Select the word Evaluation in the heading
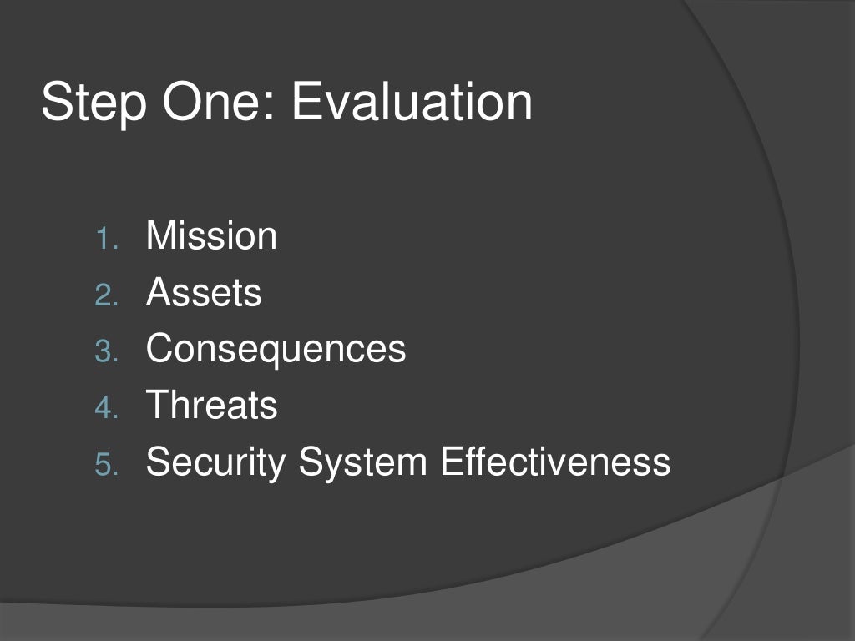coord(412,102)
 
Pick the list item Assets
coord(204,292)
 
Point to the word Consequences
coord(276,349)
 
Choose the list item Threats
coord(211,406)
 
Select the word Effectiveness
coord(555,462)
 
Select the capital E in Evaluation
coord(305,102)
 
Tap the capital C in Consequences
coord(159,349)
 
